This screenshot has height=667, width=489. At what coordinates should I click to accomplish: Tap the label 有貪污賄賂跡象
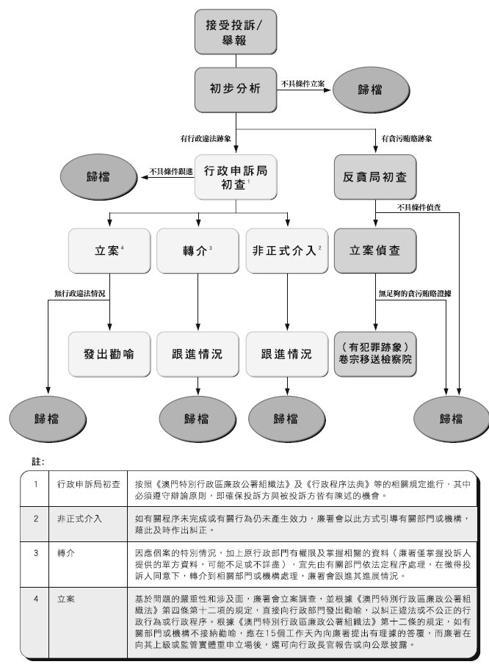point(407,137)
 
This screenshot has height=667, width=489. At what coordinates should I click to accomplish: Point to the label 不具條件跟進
point(171,171)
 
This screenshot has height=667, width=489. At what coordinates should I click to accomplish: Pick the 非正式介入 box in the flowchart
point(286,250)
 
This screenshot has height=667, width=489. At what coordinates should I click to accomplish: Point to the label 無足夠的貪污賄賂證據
point(414,294)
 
